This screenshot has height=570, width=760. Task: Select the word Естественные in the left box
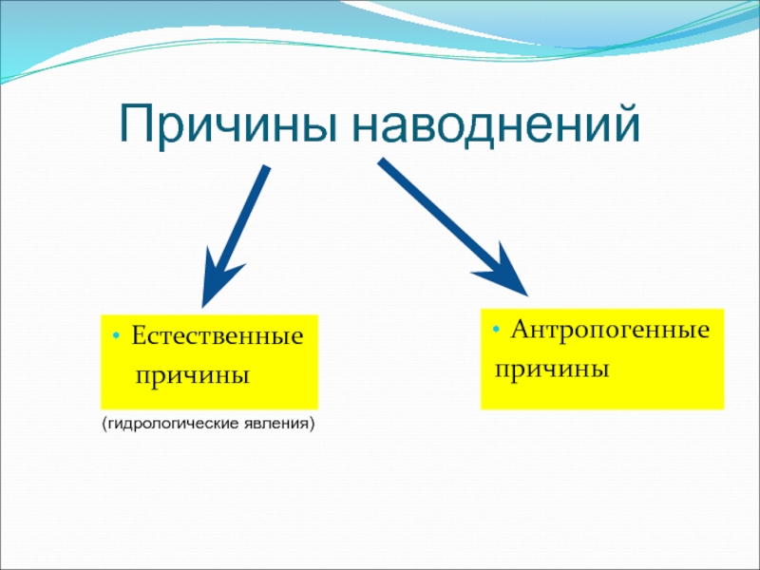pos(218,337)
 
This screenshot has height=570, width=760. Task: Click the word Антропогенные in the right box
pos(611,331)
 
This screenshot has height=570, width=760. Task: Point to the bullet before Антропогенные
pos(495,331)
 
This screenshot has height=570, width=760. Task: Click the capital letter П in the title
pos(135,124)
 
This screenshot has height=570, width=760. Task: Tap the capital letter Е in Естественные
pos(138,337)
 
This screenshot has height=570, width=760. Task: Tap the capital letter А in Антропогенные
pos(520,331)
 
